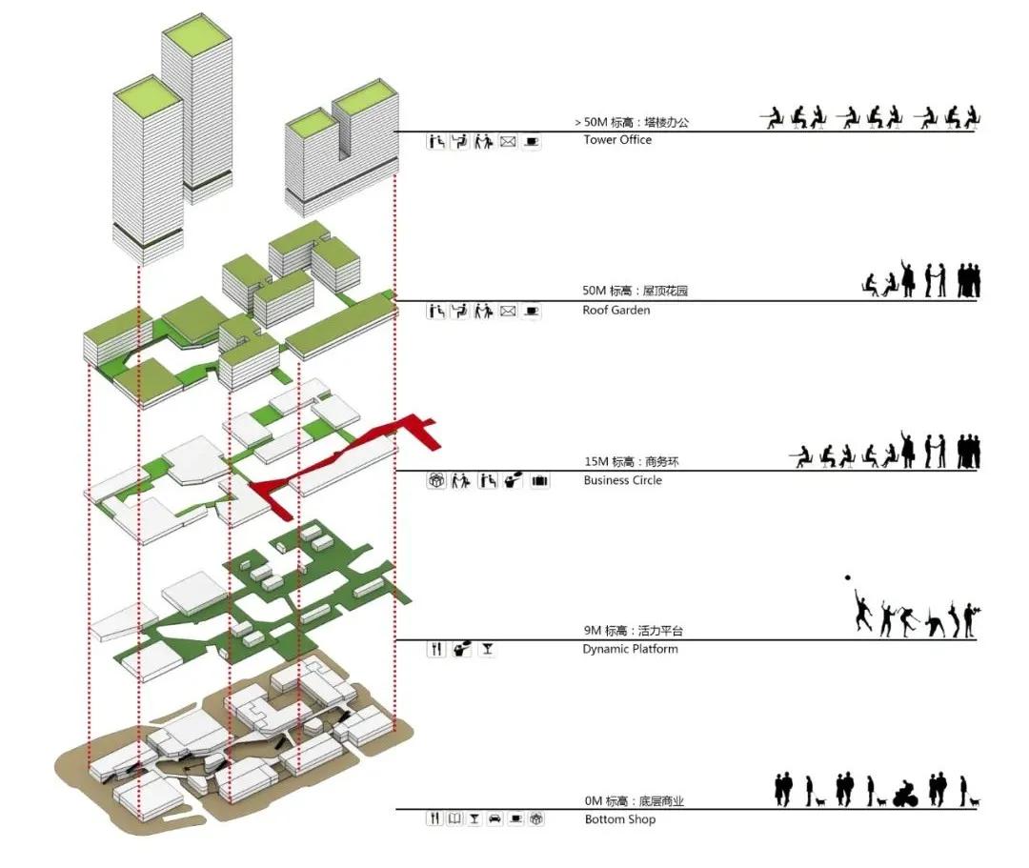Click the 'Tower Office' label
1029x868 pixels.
(x=617, y=140)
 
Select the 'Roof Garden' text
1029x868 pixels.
(x=615, y=311)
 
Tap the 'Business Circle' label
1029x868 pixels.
(x=622, y=480)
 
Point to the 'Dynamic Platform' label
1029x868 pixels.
(x=630, y=650)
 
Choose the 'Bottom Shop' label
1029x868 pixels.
(x=619, y=819)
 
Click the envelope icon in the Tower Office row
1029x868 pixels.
(x=508, y=142)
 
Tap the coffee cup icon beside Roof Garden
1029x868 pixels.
(x=532, y=311)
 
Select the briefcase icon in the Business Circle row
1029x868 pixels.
(x=540, y=481)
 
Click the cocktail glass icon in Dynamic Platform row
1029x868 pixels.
(x=487, y=650)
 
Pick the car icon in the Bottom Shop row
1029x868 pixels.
(x=494, y=818)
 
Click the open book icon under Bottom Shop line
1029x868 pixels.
(x=454, y=818)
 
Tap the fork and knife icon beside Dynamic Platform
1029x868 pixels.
(x=436, y=650)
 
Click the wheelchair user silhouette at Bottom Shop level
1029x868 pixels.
(x=907, y=793)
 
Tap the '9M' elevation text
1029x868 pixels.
(x=593, y=631)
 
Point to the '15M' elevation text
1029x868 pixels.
(x=596, y=462)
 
